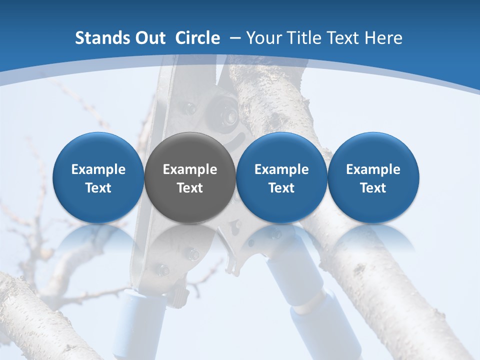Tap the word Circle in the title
coord(197,38)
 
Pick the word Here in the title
coord(383,38)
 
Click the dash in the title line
coord(235,38)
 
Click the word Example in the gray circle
coord(190,169)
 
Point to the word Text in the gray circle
coord(190,188)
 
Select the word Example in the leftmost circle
coord(98,169)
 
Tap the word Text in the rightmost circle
coord(373,188)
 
